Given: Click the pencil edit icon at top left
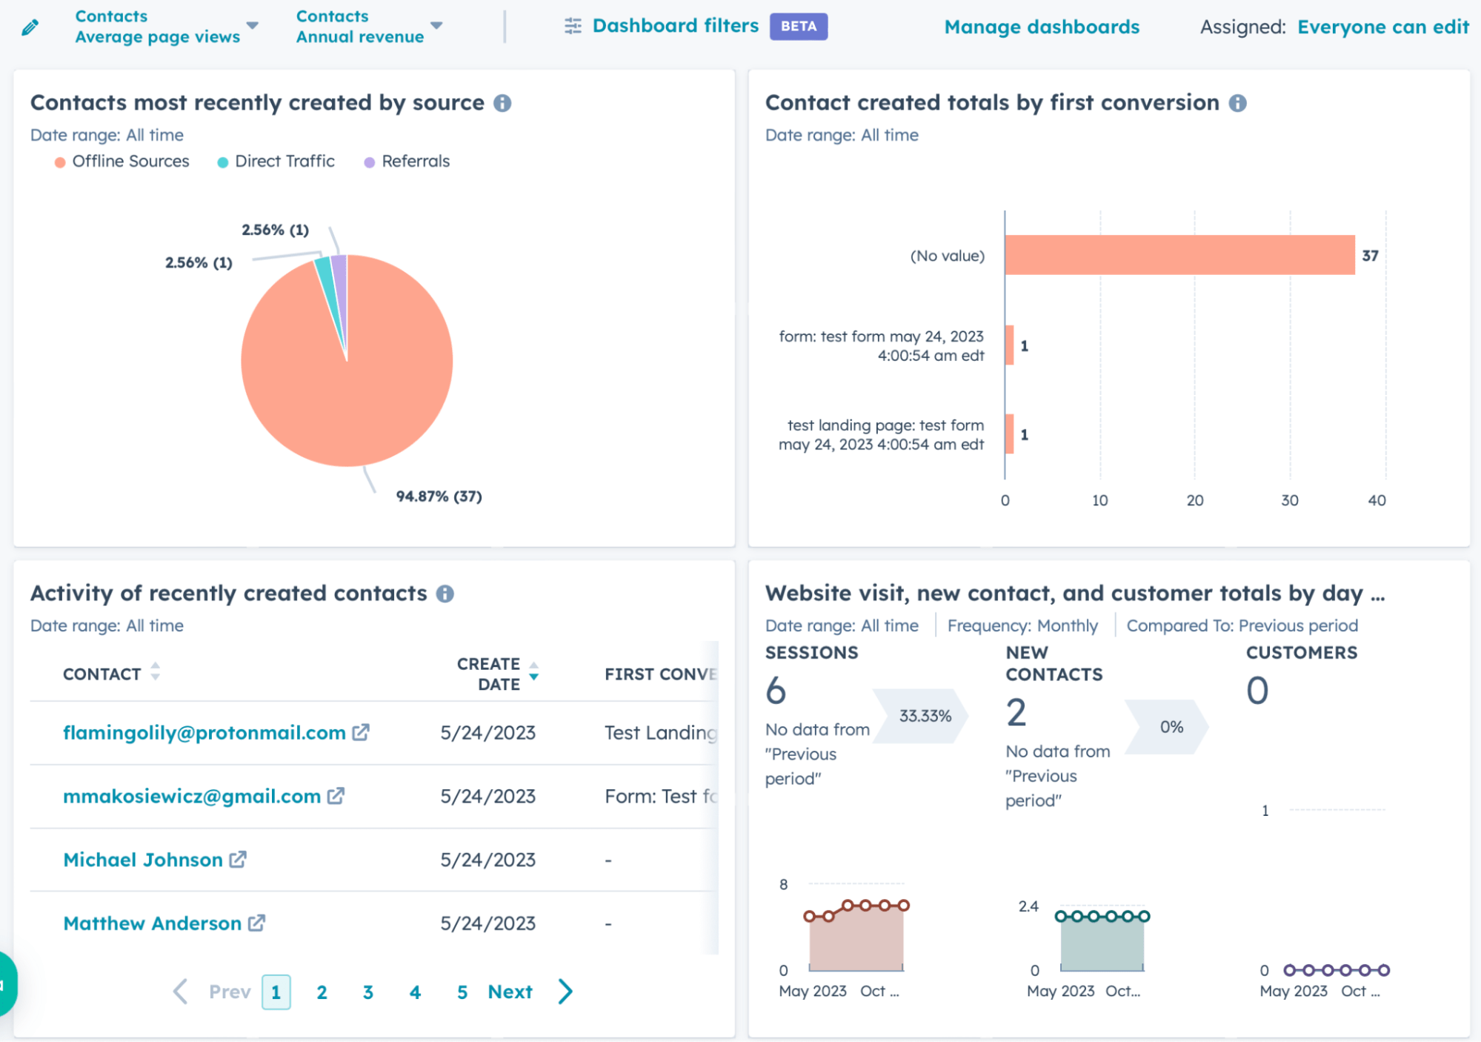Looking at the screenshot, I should pyautogui.click(x=30, y=27).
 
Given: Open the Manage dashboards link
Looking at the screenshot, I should pyautogui.click(x=1041, y=27).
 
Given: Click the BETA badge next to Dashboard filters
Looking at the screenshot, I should pyautogui.click(x=798, y=27).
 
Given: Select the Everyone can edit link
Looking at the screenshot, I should pyautogui.click(x=1382, y=27).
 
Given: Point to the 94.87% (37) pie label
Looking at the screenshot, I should pyautogui.click(x=439, y=497).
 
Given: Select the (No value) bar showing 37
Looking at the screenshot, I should pyautogui.click(x=1179, y=255).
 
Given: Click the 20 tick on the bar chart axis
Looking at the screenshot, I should pyautogui.click(x=1194, y=500).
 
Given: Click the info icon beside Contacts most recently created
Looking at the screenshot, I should pyautogui.click(x=502, y=103).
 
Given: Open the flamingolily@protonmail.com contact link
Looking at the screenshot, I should pyautogui.click(x=204, y=733).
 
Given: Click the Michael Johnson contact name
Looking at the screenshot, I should pyautogui.click(x=143, y=860).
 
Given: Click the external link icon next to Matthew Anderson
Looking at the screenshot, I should pyautogui.click(x=256, y=923).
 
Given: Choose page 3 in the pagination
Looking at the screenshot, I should pyautogui.click(x=368, y=992).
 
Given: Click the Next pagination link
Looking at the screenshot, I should pyautogui.click(x=510, y=992).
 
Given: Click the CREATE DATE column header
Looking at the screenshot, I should pyautogui.click(x=489, y=674).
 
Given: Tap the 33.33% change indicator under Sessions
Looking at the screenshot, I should pyautogui.click(x=924, y=716).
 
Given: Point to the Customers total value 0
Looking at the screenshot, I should pyautogui.click(x=1257, y=691).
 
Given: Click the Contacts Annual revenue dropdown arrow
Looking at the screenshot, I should pyautogui.click(x=436, y=26).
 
